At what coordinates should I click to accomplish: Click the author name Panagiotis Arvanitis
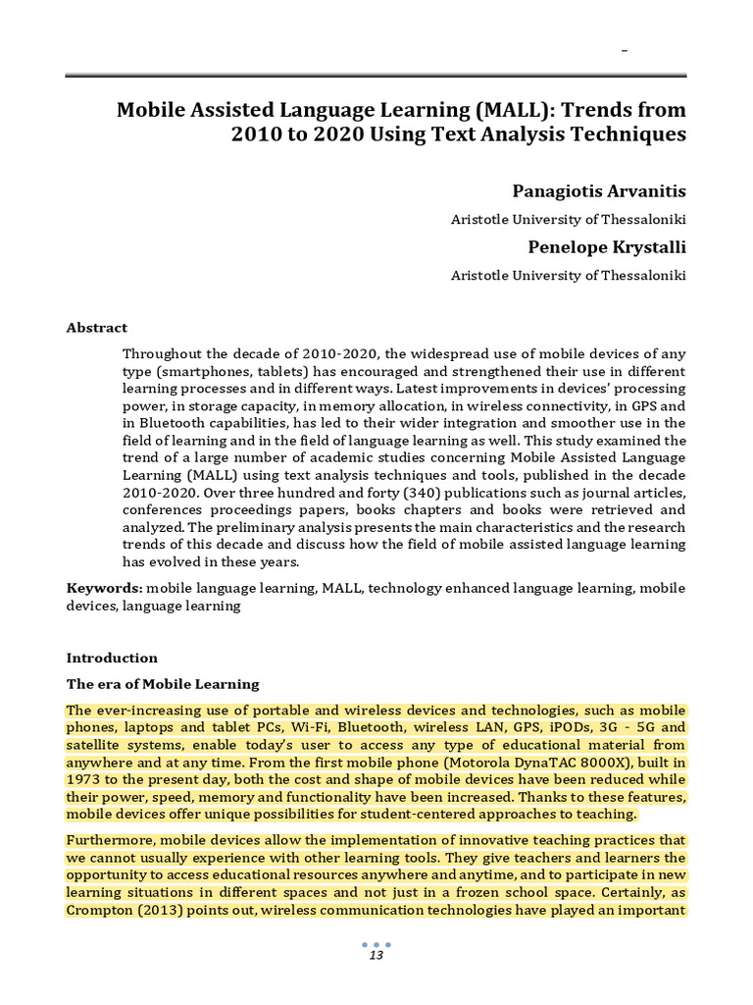[599, 189]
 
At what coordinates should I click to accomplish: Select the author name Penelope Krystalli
[607, 246]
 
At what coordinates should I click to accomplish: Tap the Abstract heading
[96, 328]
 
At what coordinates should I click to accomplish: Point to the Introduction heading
[112, 658]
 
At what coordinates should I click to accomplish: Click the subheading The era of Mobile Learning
[163, 684]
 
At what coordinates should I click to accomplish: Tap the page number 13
[376, 956]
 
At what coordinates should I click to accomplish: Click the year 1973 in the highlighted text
[82, 780]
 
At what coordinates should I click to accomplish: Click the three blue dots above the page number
[376, 945]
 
